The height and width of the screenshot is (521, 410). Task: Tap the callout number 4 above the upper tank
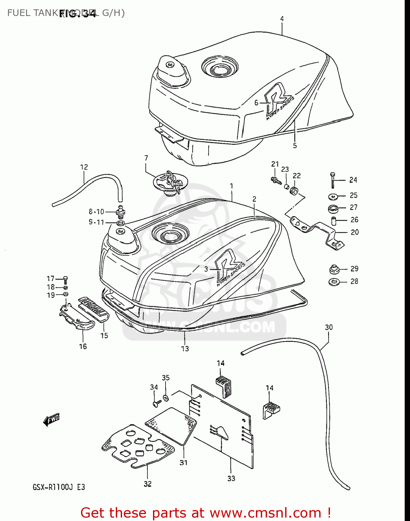coord(282,19)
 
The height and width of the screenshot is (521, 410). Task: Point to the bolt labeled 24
coord(333,180)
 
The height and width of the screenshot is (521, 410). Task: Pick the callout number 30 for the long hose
coord(329,327)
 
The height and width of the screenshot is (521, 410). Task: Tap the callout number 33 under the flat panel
coord(231,478)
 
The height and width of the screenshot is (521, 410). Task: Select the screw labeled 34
coord(155,403)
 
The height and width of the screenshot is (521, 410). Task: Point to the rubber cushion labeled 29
coord(334,269)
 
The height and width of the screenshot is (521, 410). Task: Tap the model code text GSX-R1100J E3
coord(59,487)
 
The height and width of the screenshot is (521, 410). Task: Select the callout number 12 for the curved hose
coord(84,167)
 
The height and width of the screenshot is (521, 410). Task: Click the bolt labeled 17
coord(65,279)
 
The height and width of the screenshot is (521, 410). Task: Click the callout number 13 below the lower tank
coord(185,348)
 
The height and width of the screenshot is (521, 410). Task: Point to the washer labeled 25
coord(333,197)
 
